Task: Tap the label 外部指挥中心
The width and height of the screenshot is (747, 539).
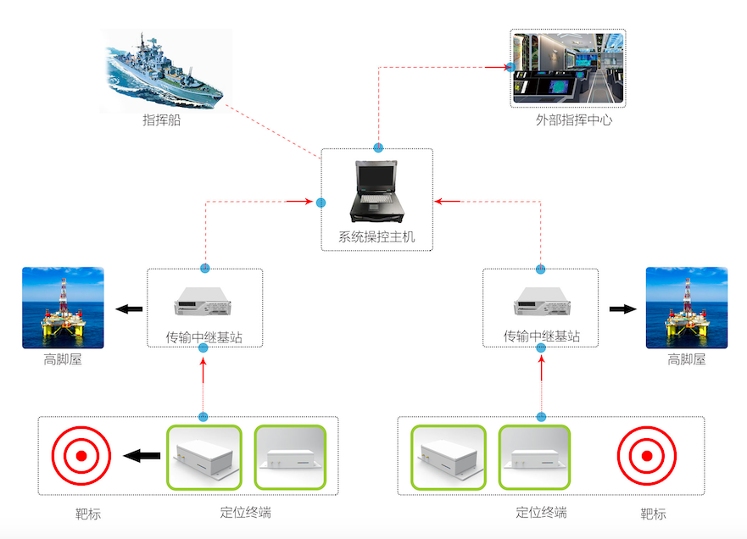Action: (573, 120)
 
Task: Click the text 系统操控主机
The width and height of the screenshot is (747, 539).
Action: (376, 237)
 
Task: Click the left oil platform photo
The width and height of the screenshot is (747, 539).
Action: (63, 308)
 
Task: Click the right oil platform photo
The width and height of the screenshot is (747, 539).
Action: (686, 308)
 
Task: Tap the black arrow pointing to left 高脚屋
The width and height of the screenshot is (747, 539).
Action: (129, 309)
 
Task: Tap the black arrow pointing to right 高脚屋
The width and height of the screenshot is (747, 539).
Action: (622, 308)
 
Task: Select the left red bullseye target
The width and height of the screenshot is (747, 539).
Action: (81, 456)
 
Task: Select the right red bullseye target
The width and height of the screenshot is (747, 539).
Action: (647, 456)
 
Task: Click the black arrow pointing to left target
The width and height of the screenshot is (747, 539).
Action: (142, 457)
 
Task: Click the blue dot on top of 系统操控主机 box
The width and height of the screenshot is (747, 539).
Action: (378, 148)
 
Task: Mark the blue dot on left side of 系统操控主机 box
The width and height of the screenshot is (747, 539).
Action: (321, 203)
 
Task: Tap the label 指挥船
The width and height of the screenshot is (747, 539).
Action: (161, 121)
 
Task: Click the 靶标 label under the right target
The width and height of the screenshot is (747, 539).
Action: (653, 514)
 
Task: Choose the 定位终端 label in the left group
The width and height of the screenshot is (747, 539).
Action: (245, 513)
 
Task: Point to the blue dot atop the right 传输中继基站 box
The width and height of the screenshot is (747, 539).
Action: (541, 269)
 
